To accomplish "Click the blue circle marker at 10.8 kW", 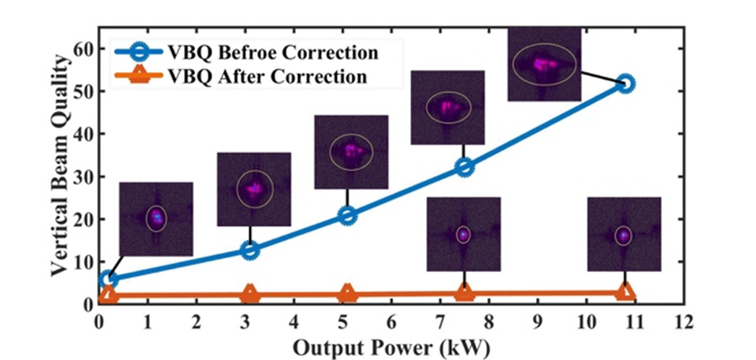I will (x=626, y=83).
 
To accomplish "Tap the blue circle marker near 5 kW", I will (x=347, y=215).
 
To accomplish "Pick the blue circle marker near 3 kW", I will (x=250, y=250).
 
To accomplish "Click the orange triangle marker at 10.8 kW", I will (x=626, y=293).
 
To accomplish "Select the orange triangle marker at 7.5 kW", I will (x=464, y=293).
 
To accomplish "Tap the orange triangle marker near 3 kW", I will (x=250, y=295).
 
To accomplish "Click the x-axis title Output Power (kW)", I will (x=391, y=349).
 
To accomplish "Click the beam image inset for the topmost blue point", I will (x=544, y=64).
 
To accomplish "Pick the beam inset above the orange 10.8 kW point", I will (x=624, y=234).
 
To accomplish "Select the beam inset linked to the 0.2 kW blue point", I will (x=156, y=218).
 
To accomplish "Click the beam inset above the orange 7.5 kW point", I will (x=464, y=234).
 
